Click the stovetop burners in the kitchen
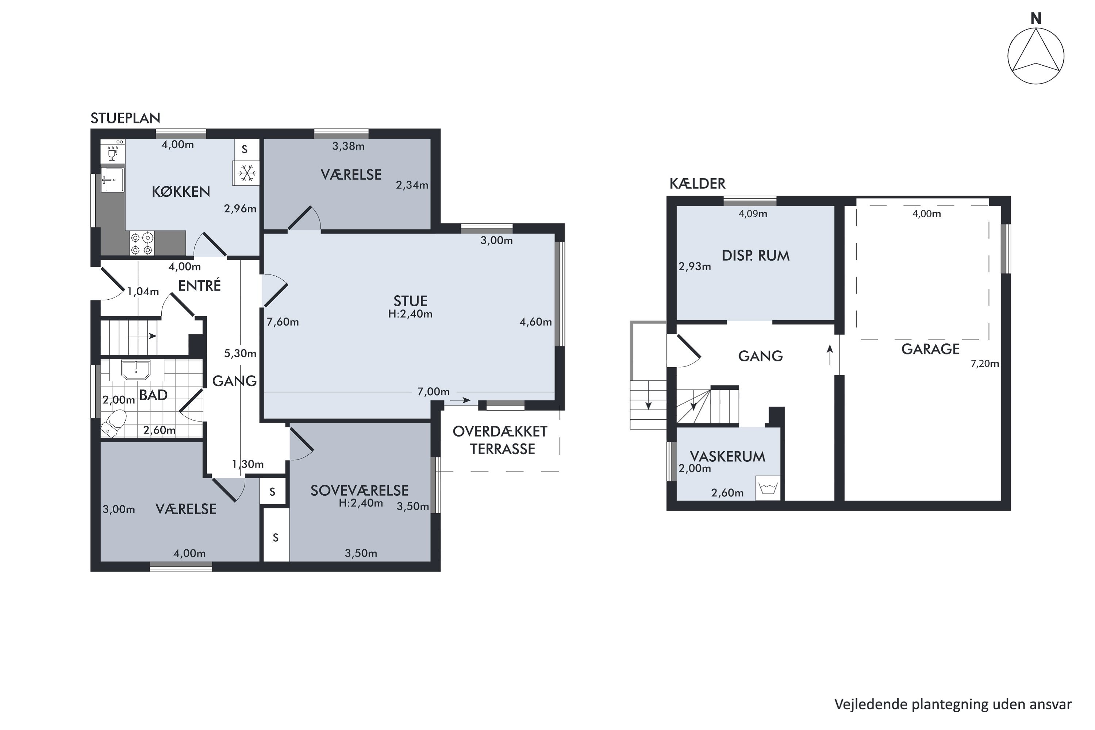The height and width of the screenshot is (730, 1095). pyautogui.click(x=142, y=243)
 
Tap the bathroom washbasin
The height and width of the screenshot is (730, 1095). pyautogui.click(x=135, y=370)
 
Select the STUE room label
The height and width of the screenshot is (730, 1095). pyautogui.click(x=410, y=301)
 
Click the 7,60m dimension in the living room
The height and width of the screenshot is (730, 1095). pyautogui.click(x=283, y=322)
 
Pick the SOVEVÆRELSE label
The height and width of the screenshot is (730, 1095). pyautogui.click(x=360, y=490)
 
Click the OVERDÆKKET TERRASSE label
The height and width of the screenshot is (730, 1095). pyautogui.click(x=500, y=440)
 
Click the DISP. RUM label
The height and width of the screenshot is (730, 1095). pyautogui.click(x=756, y=255)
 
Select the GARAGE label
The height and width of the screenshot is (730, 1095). pyautogui.click(x=930, y=349)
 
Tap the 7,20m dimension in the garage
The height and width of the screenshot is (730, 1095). pyautogui.click(x=985, y=364)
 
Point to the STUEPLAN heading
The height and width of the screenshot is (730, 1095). pyautogui.click(x=125, y=118)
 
